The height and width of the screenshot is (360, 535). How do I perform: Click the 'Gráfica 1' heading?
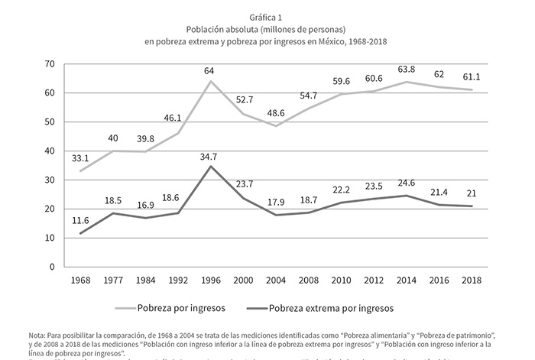267,16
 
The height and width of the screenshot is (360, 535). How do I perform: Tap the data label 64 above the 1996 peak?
209,71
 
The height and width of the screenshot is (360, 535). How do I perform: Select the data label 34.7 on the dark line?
209,156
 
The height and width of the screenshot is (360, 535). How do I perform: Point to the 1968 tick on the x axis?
79,280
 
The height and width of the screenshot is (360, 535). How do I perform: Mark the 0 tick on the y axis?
52,267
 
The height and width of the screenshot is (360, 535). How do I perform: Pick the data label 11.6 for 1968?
79,222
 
